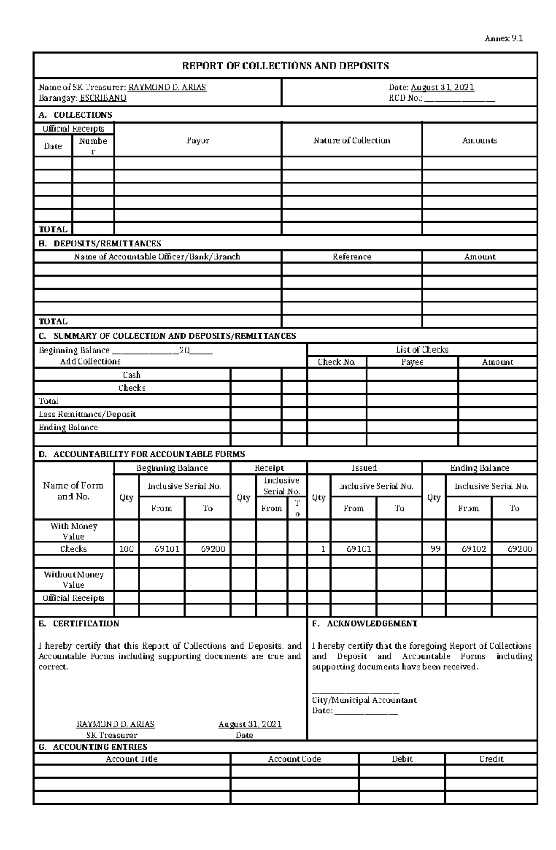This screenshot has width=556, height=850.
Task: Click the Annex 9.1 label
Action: pos(503,38)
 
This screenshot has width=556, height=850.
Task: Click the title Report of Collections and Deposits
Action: pos(285,66)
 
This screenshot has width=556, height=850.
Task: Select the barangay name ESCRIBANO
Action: pos(103,98)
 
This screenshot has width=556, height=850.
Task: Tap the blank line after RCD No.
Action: pos(460,99)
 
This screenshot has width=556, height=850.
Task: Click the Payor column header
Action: pos(198,140)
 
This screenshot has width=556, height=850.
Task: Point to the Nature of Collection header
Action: pos(351,140)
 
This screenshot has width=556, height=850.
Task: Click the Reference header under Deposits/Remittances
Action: pos(352,257)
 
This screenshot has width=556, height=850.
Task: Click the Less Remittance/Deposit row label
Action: pos(87,414)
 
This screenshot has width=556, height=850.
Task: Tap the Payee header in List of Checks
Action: pos(412,362)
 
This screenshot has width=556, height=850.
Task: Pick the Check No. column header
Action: pos(336,362)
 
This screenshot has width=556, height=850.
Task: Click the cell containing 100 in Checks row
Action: pos(126,549)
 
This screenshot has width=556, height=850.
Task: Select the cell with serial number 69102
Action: pos(468,549)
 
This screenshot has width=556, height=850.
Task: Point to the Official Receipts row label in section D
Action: pos(73,598)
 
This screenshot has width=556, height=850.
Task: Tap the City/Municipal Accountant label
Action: pos(364,700)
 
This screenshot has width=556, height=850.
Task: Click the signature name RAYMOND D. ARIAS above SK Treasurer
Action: pos(115,724)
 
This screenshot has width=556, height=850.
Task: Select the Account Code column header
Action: pos(294,759)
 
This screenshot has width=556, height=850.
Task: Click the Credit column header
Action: pos(491,759)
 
